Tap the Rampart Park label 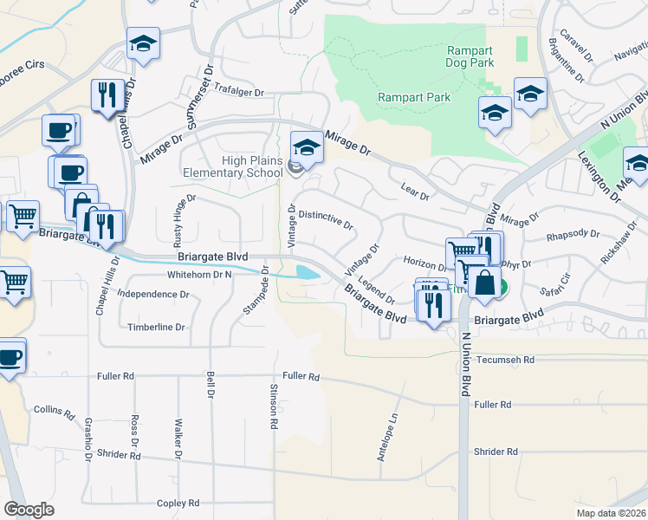(414, 97)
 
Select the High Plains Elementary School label (228, 166)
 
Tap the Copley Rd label (178, 503)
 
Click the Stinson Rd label (274, 406)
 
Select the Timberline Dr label (157, 327)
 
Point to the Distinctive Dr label (326, 218)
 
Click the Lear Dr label (416, 192)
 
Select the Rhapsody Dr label (573, 233)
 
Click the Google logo (29, 509)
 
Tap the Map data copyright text (611, 513)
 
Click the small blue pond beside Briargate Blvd (307, 272)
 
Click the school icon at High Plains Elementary (306, 147)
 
